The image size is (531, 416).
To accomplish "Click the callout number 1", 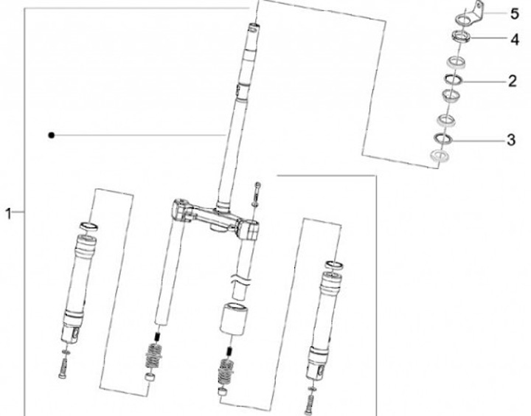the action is point(8,214).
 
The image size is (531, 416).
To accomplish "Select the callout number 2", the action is point(513,81).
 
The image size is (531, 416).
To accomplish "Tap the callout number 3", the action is point(511,140).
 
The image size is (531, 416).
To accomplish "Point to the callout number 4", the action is point(515,40).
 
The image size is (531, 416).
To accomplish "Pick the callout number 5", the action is point(515,14).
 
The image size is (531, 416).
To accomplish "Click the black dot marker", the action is point(51,135).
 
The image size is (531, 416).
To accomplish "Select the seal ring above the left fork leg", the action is point(88,226).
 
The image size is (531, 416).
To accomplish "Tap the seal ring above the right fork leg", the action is point(335,265).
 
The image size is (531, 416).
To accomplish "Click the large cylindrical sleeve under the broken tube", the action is point(233,319).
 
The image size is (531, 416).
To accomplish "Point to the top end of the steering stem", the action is point(254,26).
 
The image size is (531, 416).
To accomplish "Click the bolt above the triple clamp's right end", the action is point(257,194).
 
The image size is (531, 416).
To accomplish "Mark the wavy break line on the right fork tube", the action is point(240,281).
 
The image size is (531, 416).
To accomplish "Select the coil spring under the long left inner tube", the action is point(153,356).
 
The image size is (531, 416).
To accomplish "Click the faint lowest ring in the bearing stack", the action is point(440,155).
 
